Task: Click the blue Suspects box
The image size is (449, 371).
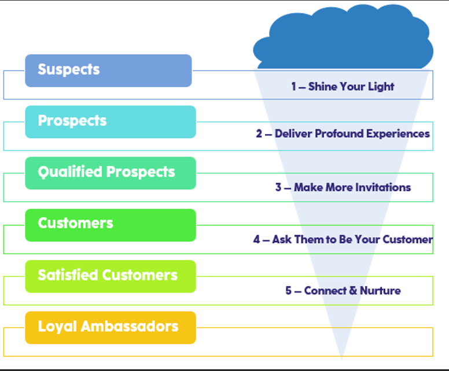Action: pos(108,71)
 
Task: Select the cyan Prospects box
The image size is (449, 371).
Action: pos(111,121)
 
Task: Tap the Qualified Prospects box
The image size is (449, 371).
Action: pos(111,173)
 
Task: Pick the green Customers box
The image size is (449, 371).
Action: pos(111,225)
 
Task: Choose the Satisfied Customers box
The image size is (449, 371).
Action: pos(111,276)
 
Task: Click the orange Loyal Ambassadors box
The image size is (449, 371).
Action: pos(111,327)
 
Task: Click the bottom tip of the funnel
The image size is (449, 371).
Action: pos(342,357)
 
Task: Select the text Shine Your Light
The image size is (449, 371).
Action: pos(351,87)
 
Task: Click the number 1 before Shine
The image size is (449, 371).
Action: pos(294,87)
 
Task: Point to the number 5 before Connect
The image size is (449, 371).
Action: pos(289,290)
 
